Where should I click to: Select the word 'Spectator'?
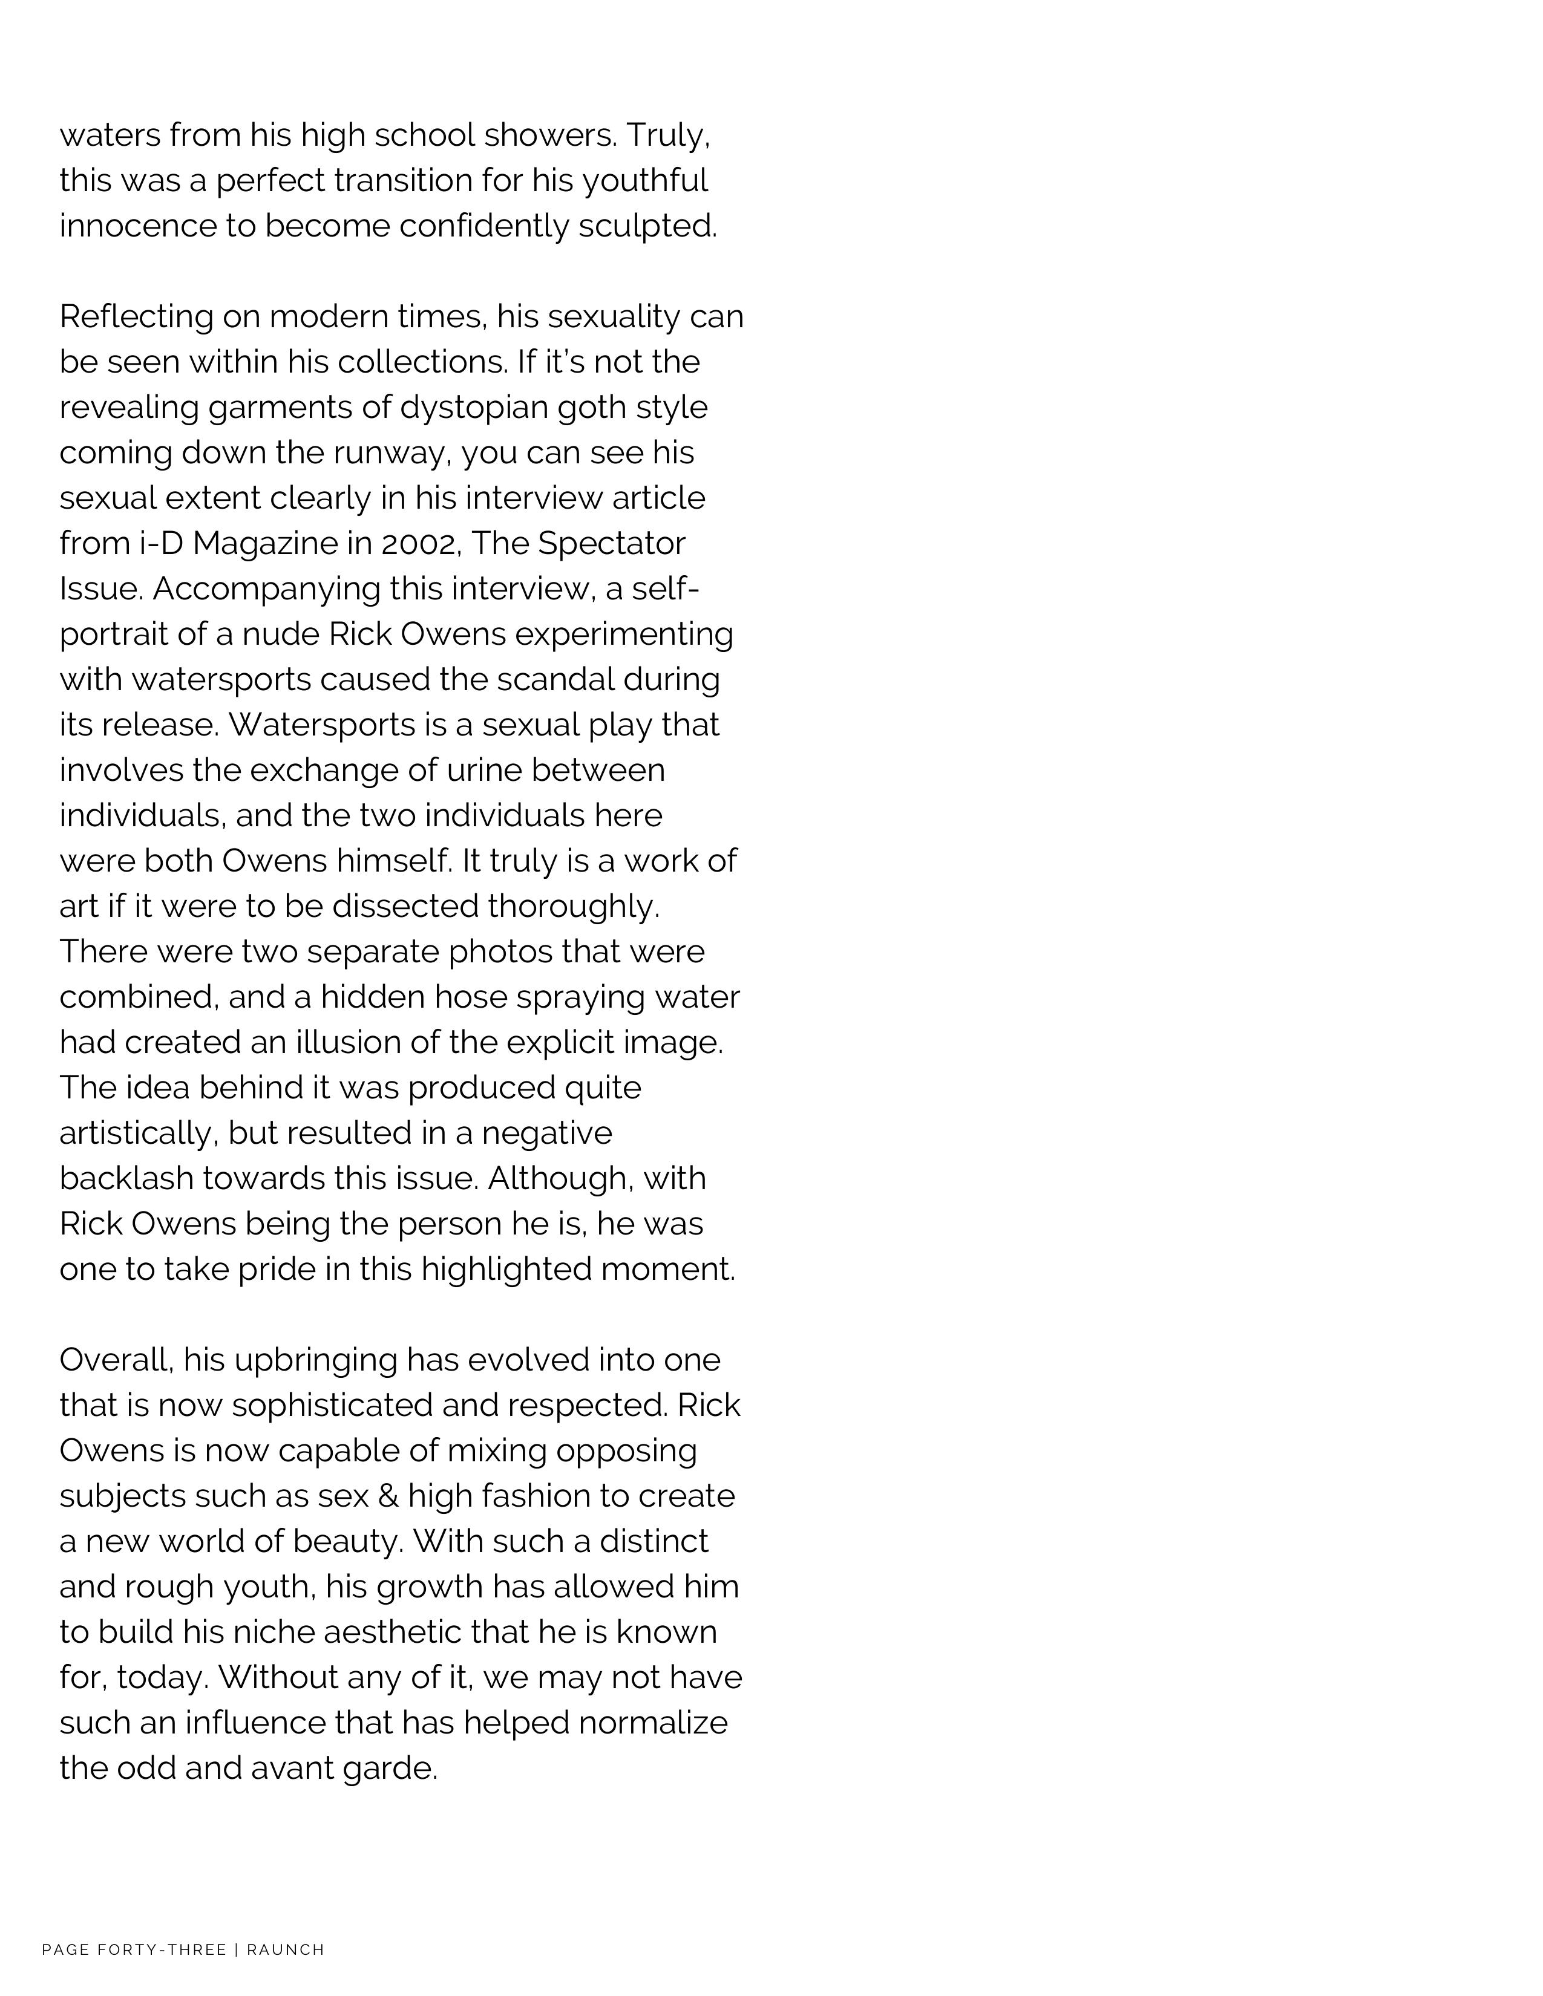[x=612, y=543]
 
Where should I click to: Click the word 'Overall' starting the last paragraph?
[x=116, y=1360]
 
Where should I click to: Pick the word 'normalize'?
[x=653, y=1723]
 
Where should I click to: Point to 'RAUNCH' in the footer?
[x=286, y=1950]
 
